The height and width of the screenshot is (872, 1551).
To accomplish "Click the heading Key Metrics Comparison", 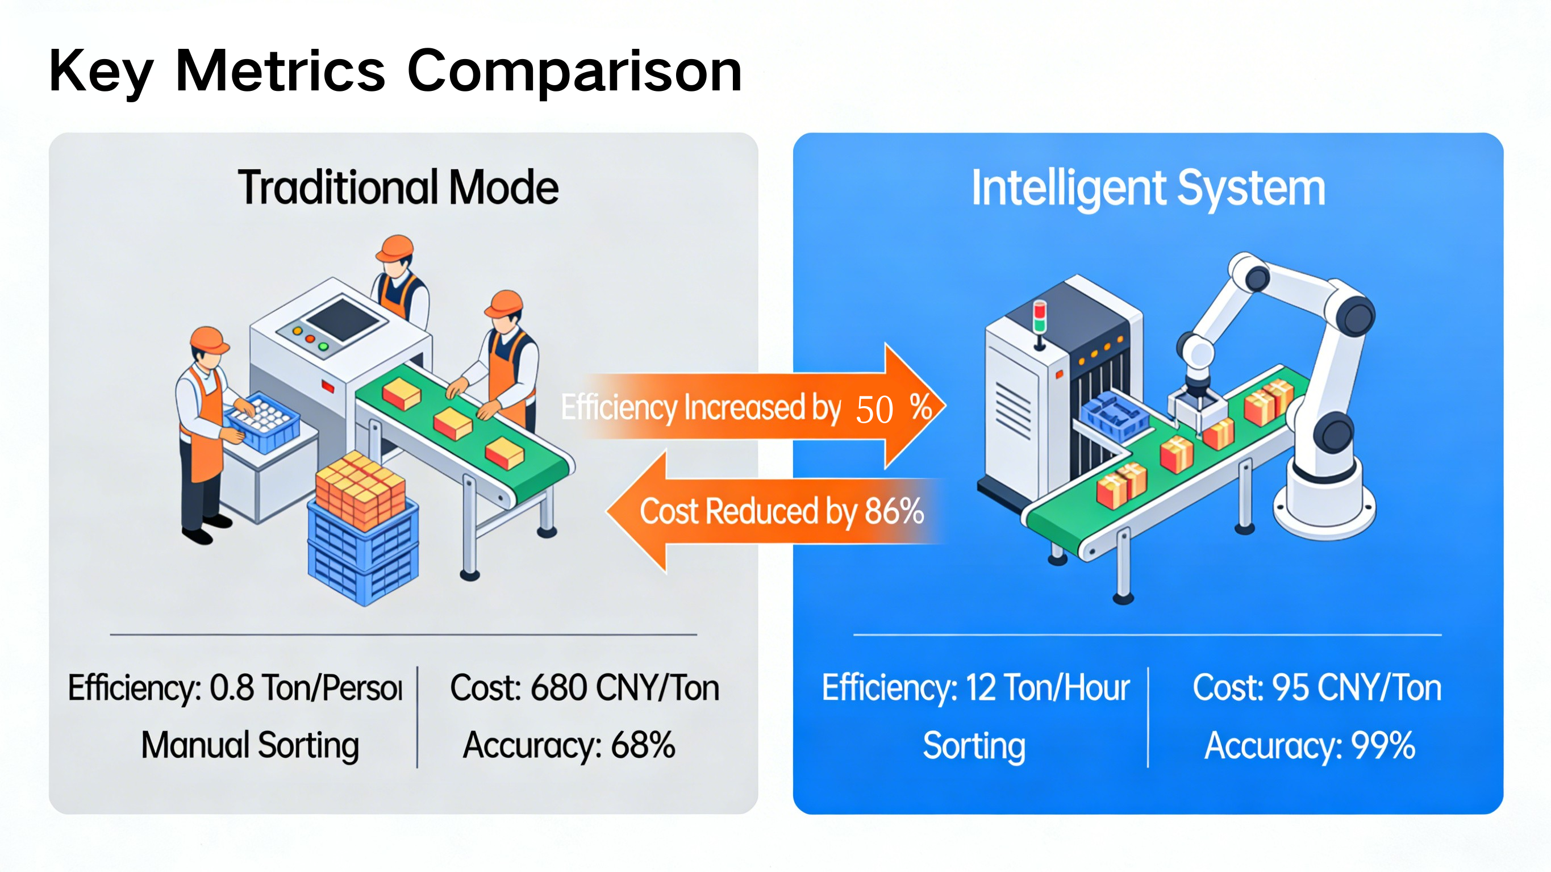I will tap(395, 71).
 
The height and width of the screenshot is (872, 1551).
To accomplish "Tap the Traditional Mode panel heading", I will tap(398, 187).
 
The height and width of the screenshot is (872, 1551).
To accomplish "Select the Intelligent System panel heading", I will tap(1148, 189).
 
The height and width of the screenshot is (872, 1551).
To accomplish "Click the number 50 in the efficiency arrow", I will tap(874, 410).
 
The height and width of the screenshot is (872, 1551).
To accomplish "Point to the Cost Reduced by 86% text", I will tap(781, 511).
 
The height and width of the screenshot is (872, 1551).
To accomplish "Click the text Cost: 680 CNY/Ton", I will tap(585, 688).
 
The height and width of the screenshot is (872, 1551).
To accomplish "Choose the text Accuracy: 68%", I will tap(569, 745).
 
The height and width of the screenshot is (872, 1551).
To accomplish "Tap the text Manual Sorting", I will tap(250, 745).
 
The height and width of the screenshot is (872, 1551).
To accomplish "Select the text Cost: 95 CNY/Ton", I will tap(1317, 688).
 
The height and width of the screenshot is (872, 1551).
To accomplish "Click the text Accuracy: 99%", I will tap(1309, 745).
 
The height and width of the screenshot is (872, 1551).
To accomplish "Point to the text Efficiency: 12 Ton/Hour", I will tap(976, 688).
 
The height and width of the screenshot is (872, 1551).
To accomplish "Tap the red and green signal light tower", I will tap(1039, 319).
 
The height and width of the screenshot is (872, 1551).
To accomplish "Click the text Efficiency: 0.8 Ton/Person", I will tap(235, 688).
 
